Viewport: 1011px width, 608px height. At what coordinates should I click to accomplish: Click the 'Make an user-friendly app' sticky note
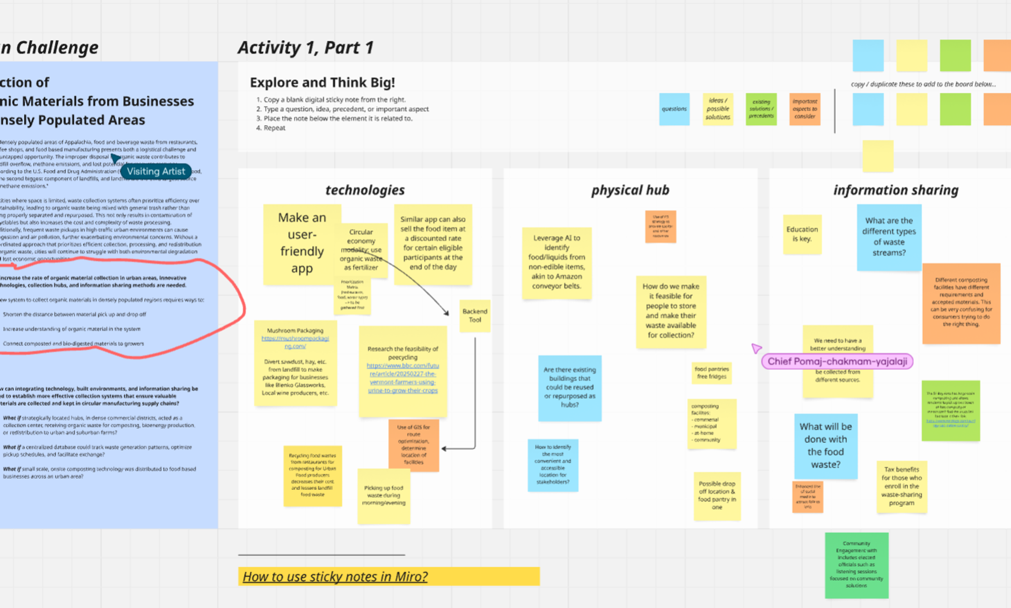[301, 243]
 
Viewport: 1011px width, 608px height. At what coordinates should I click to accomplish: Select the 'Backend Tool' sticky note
[475, 316]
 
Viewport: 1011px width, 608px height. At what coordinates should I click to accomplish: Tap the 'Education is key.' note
[802, 234]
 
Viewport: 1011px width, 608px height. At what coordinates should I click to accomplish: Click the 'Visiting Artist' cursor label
[156, 171]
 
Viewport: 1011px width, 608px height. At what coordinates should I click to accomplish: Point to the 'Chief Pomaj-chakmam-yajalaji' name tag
[837, 362]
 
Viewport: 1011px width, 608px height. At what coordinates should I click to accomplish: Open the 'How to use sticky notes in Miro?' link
[335, 576]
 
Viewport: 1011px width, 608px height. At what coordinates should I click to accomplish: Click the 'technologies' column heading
[365, 190]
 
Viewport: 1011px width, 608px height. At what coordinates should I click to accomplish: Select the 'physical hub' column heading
[630, 190]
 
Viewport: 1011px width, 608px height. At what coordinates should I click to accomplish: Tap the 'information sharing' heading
[896, 190]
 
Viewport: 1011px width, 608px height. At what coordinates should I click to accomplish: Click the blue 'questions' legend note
[674, 109]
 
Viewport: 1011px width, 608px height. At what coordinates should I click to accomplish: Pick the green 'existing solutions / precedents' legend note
[761, 109]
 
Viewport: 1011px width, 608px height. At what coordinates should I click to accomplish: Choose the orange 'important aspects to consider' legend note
[805, 109]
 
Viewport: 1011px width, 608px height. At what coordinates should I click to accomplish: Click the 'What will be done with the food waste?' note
[825, 445]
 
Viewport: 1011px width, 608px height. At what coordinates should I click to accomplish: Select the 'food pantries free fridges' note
[711, 373]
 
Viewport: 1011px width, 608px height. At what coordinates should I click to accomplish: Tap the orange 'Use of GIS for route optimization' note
[413, 445]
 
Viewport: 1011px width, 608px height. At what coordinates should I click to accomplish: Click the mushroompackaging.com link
[295, 342]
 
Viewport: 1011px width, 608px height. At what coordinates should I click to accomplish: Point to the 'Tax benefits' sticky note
[902, 486]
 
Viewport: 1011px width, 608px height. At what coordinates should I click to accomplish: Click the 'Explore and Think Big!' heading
[323, 82]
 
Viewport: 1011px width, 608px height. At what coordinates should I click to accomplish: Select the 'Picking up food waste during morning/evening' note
[384, 495]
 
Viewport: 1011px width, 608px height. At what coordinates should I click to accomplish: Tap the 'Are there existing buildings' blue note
[570, 387]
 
